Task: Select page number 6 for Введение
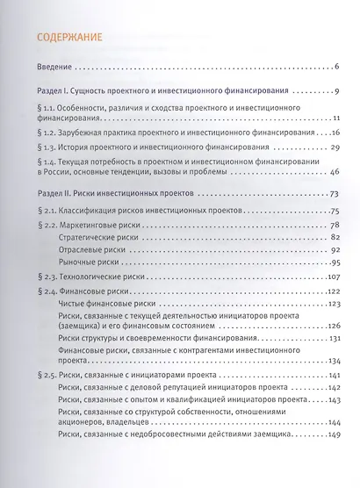pyautogui.click(x=338, y=67)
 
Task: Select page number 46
pyautogui.click(x=335, y=172)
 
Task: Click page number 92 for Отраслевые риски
pyautogui.click(x=335, y=250)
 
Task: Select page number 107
pyautogui.click(x=333, y=277)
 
